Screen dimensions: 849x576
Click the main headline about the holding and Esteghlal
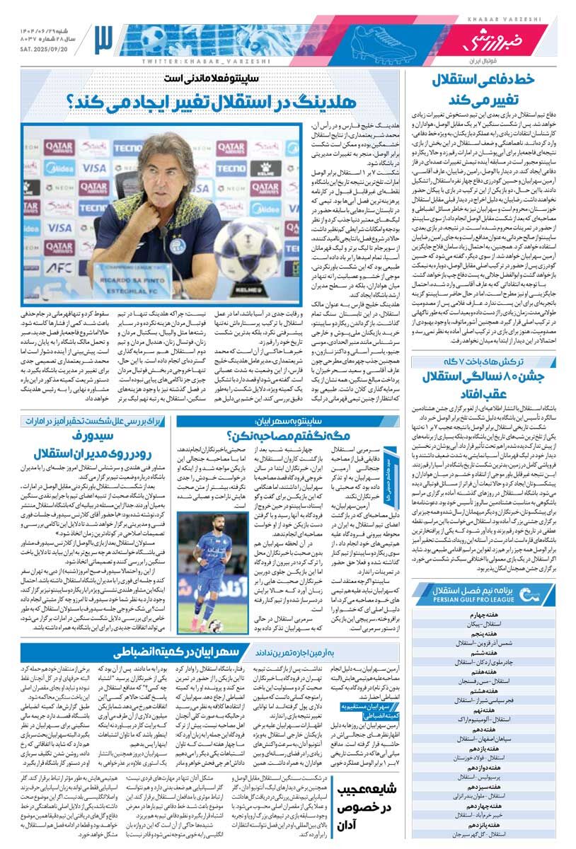[211, 100]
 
